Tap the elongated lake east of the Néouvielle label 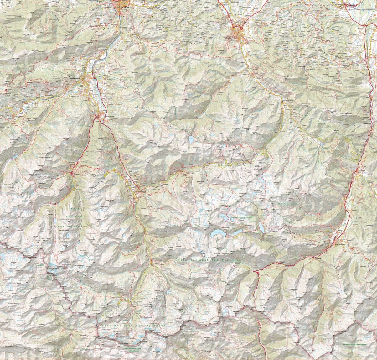click(261, 227)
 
